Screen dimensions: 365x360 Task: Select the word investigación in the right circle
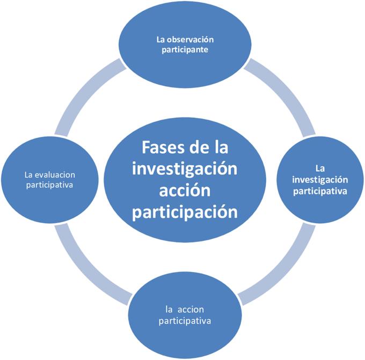pyautogui.click(x=320, y=180)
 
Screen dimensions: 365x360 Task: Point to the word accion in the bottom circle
pyautogui.click(x=192, y=310)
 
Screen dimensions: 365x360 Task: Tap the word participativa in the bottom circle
pyautogui.click(x=185, y=321)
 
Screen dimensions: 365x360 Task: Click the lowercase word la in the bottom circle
pyautogui.click(x=169, y=310)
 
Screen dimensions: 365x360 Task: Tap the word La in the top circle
pyautogui.click(x=160, y=40)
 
